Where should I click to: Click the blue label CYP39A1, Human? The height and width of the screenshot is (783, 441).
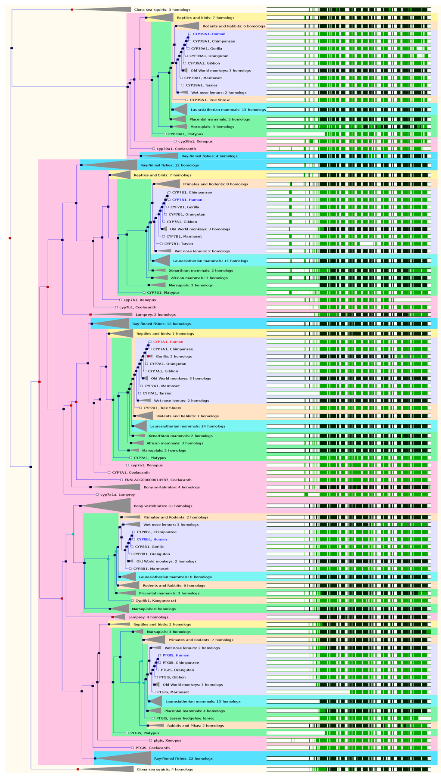tap(209, 34)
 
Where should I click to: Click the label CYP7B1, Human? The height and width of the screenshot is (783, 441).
tap(187, 200)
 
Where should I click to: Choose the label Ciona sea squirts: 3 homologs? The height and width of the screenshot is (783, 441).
tap(156, 9)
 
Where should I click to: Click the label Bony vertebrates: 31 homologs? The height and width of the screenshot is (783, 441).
tap(163, 506)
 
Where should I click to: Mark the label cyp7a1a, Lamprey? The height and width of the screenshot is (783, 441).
tap(118, 494)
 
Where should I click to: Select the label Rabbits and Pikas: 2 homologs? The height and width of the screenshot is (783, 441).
tap(196, 725)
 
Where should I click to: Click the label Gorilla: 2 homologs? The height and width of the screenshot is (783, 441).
tap(174, 356)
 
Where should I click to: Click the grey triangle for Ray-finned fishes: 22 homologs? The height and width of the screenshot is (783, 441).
tap(125, 758)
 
